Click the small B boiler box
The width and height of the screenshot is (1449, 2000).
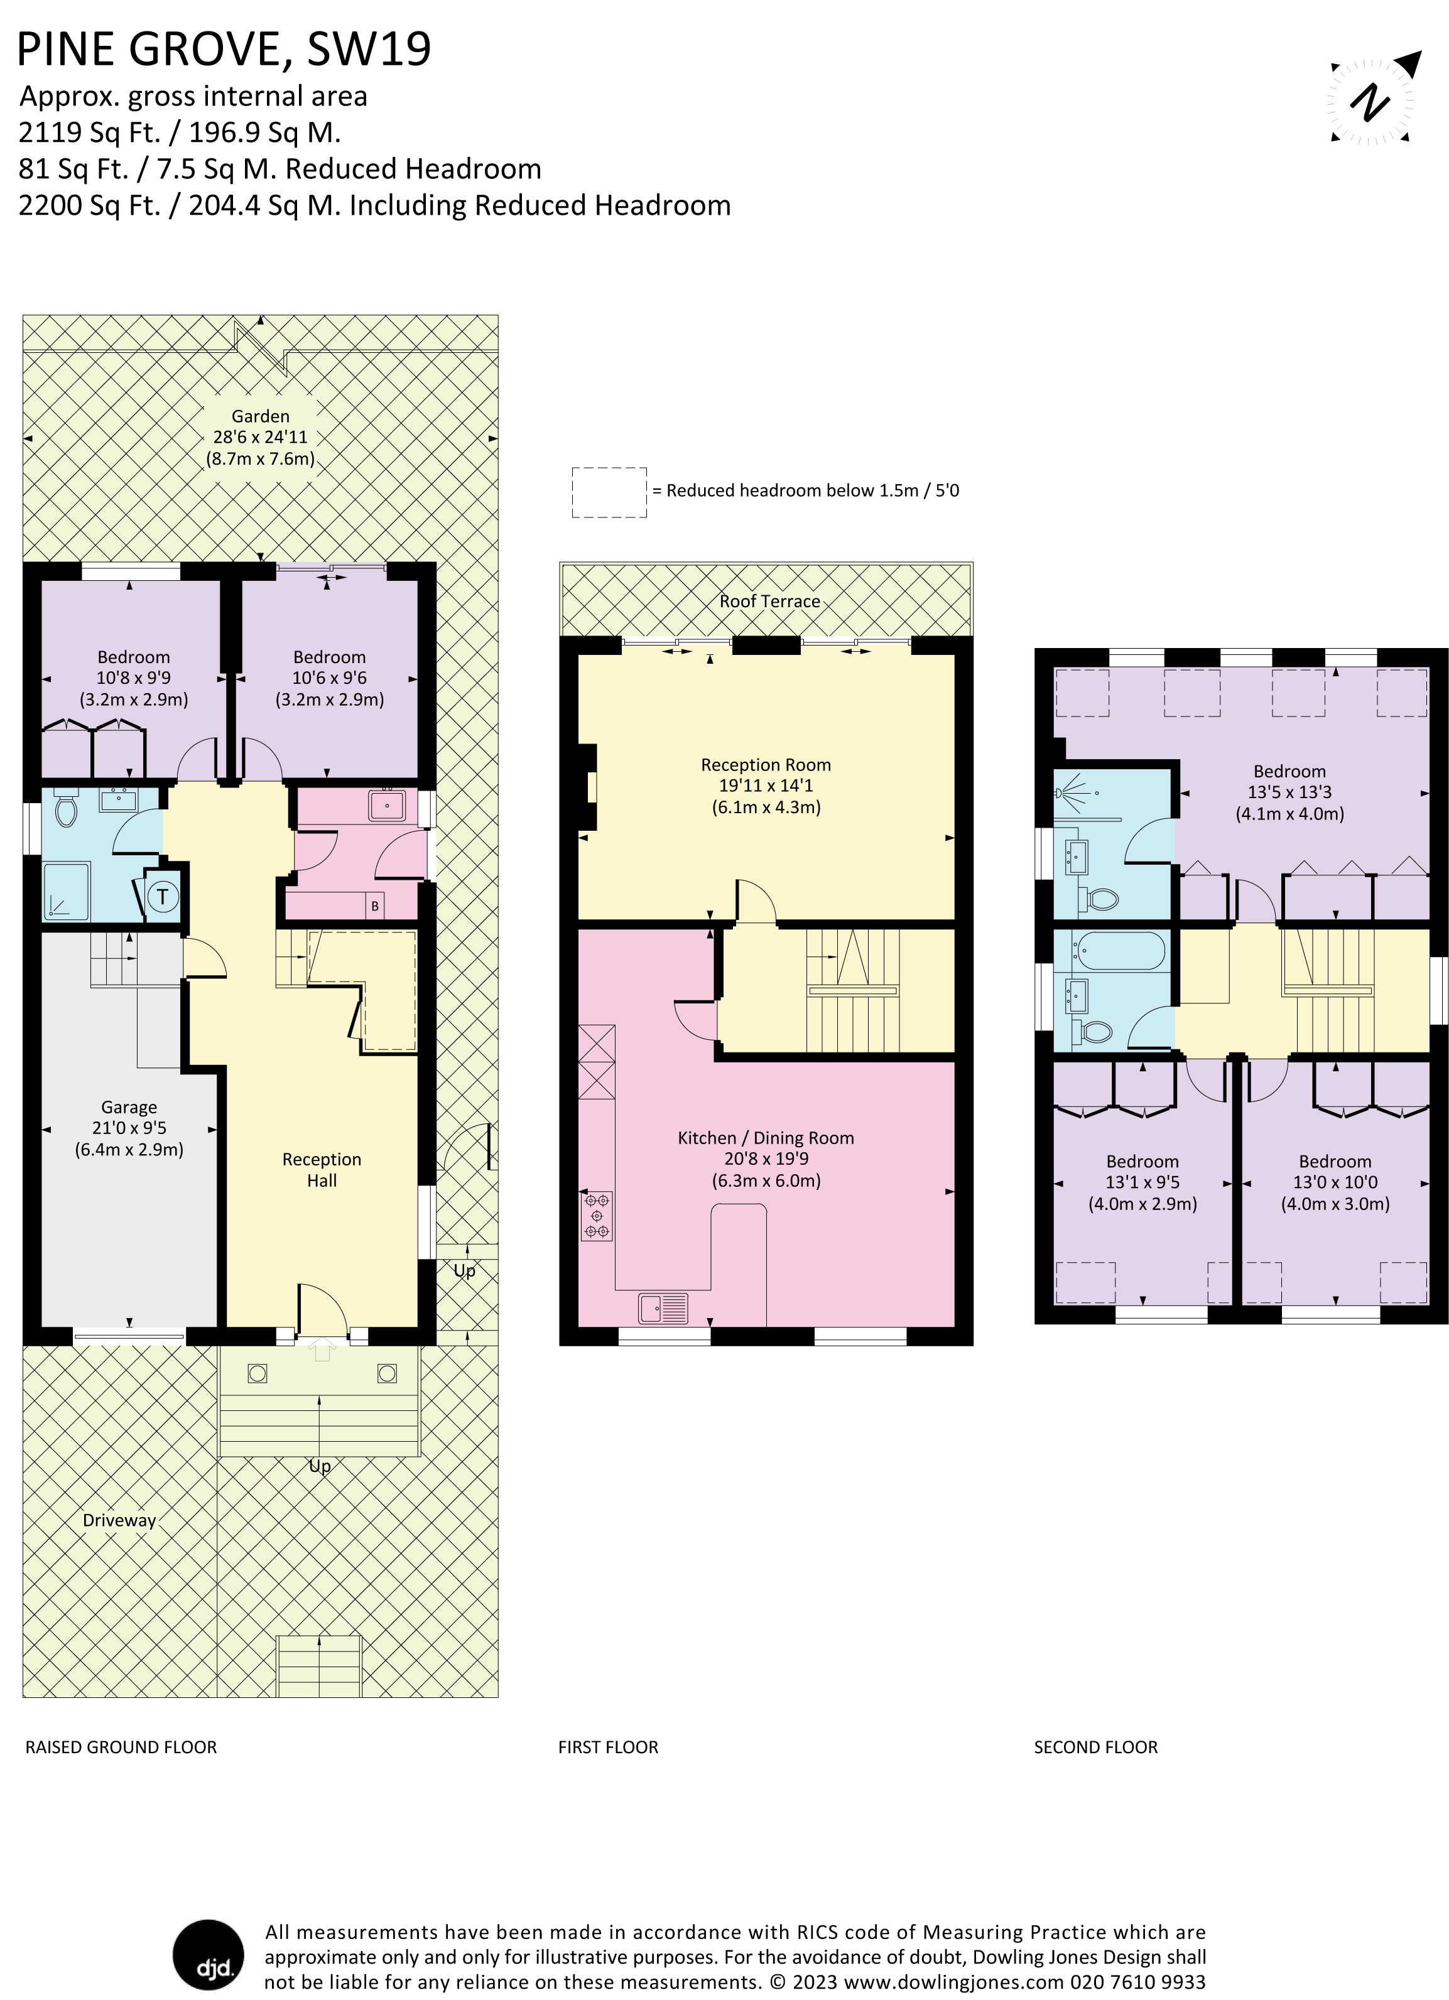pos(375,905)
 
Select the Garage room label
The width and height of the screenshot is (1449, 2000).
pos(129,1106)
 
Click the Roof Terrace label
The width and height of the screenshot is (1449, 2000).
pos(769,602)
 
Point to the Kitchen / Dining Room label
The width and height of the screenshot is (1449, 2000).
pos(766,1138)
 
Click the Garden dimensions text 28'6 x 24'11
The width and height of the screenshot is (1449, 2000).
pos(260,436)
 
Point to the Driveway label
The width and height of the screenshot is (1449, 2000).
pos(119,1520)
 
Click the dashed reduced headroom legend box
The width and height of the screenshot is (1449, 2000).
pos(609,492)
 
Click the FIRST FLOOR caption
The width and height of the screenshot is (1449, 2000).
pos(607,1747)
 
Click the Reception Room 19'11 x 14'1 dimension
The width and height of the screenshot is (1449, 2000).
pos(766,785)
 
